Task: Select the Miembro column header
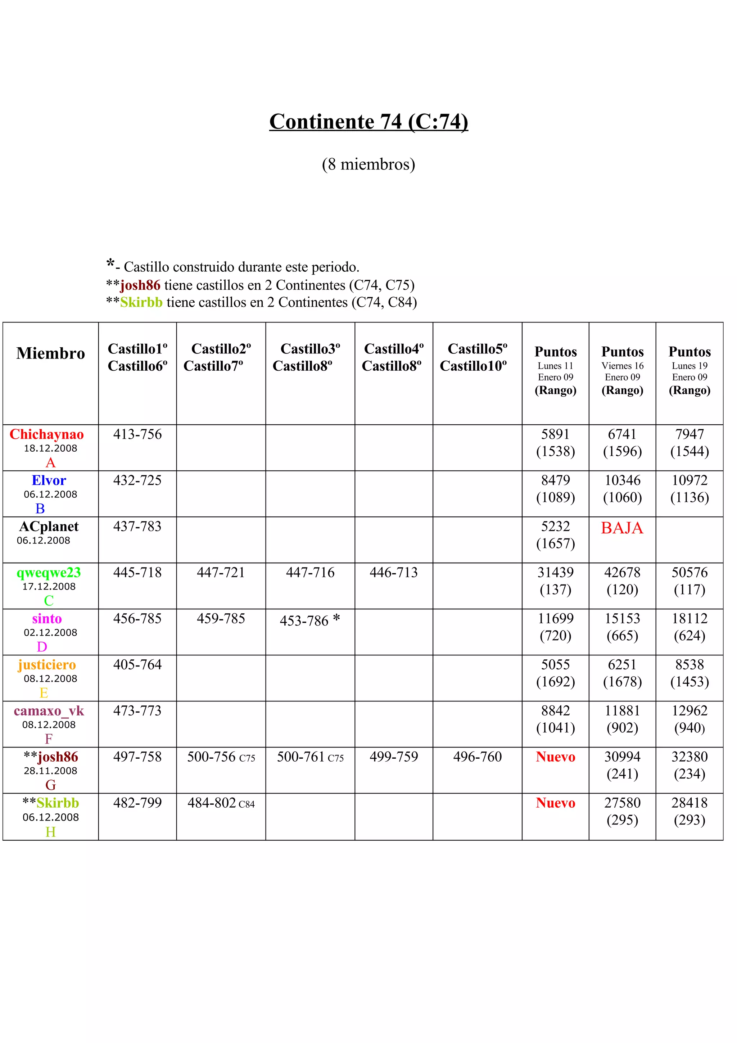click(x=50, y=353)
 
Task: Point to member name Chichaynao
click(x=47, y=434)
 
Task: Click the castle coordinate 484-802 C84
click(x=221, y=803)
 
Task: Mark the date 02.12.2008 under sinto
click(x=50, y=632)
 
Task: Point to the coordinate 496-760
click(x=477, y=757)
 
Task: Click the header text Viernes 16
click(x=622, y=366)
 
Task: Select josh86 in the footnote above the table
click(x=140, y=285)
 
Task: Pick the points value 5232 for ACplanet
click(x=555, y=527)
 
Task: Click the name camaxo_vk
click(x=49, y=710)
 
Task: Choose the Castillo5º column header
click(x=477, y=349)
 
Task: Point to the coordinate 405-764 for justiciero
click(x=137, y=665)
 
